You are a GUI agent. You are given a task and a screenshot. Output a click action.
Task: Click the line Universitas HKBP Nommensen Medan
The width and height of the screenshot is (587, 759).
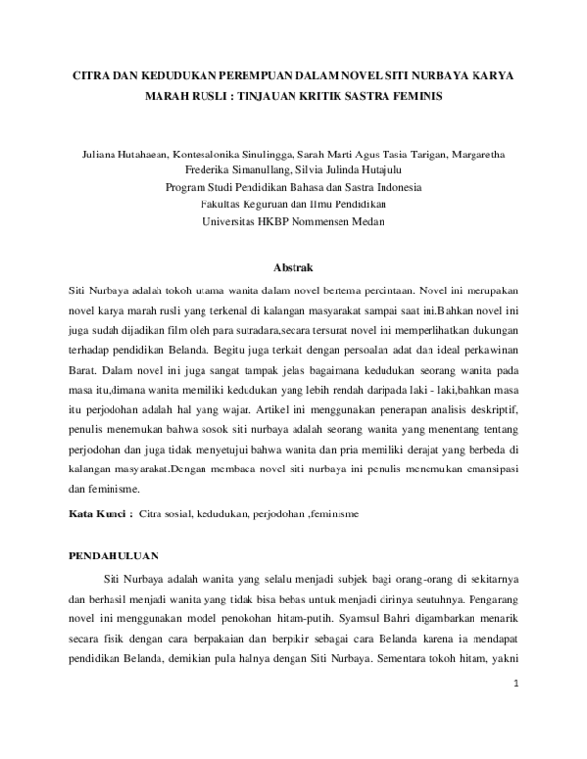(293, 221)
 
